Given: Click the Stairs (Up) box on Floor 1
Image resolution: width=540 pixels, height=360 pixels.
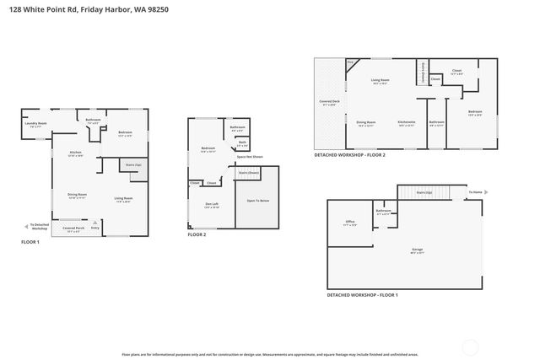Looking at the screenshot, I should tap(134, 166).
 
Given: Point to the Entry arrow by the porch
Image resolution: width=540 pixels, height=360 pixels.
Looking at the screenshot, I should tap(94, 227).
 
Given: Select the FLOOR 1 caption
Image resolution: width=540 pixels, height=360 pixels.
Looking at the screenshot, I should tap(31, 242).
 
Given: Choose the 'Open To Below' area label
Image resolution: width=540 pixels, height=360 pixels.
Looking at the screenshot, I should tap(257, 201).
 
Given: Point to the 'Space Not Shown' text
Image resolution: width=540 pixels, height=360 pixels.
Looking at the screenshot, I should tap(250, 157).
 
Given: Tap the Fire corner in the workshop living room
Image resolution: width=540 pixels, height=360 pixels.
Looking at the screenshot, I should tap(350, 63).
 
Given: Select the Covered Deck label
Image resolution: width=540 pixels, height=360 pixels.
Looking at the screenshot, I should tap(329, 103).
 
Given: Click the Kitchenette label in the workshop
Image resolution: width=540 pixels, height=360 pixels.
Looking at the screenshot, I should tap(407, 123).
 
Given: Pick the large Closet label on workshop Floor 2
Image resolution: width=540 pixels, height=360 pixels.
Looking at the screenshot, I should tap(456, 72).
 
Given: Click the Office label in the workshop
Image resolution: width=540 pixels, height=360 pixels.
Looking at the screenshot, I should tap(349, 223).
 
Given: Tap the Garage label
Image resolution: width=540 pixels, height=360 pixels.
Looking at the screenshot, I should tap(417, 250).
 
